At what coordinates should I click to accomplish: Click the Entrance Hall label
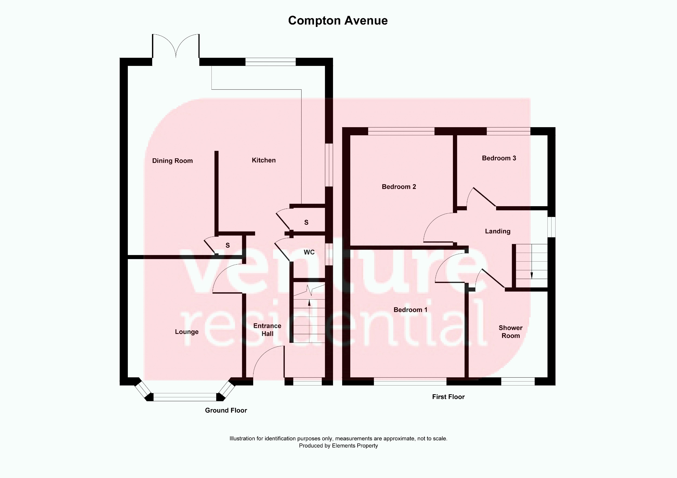(x=267, y=329)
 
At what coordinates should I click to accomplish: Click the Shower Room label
(x=510, y=331)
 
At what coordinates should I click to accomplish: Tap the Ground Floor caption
(x=226, y=410)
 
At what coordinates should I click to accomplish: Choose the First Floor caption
(x=448, y=397)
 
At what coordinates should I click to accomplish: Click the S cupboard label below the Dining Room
(x=228, y=245)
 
